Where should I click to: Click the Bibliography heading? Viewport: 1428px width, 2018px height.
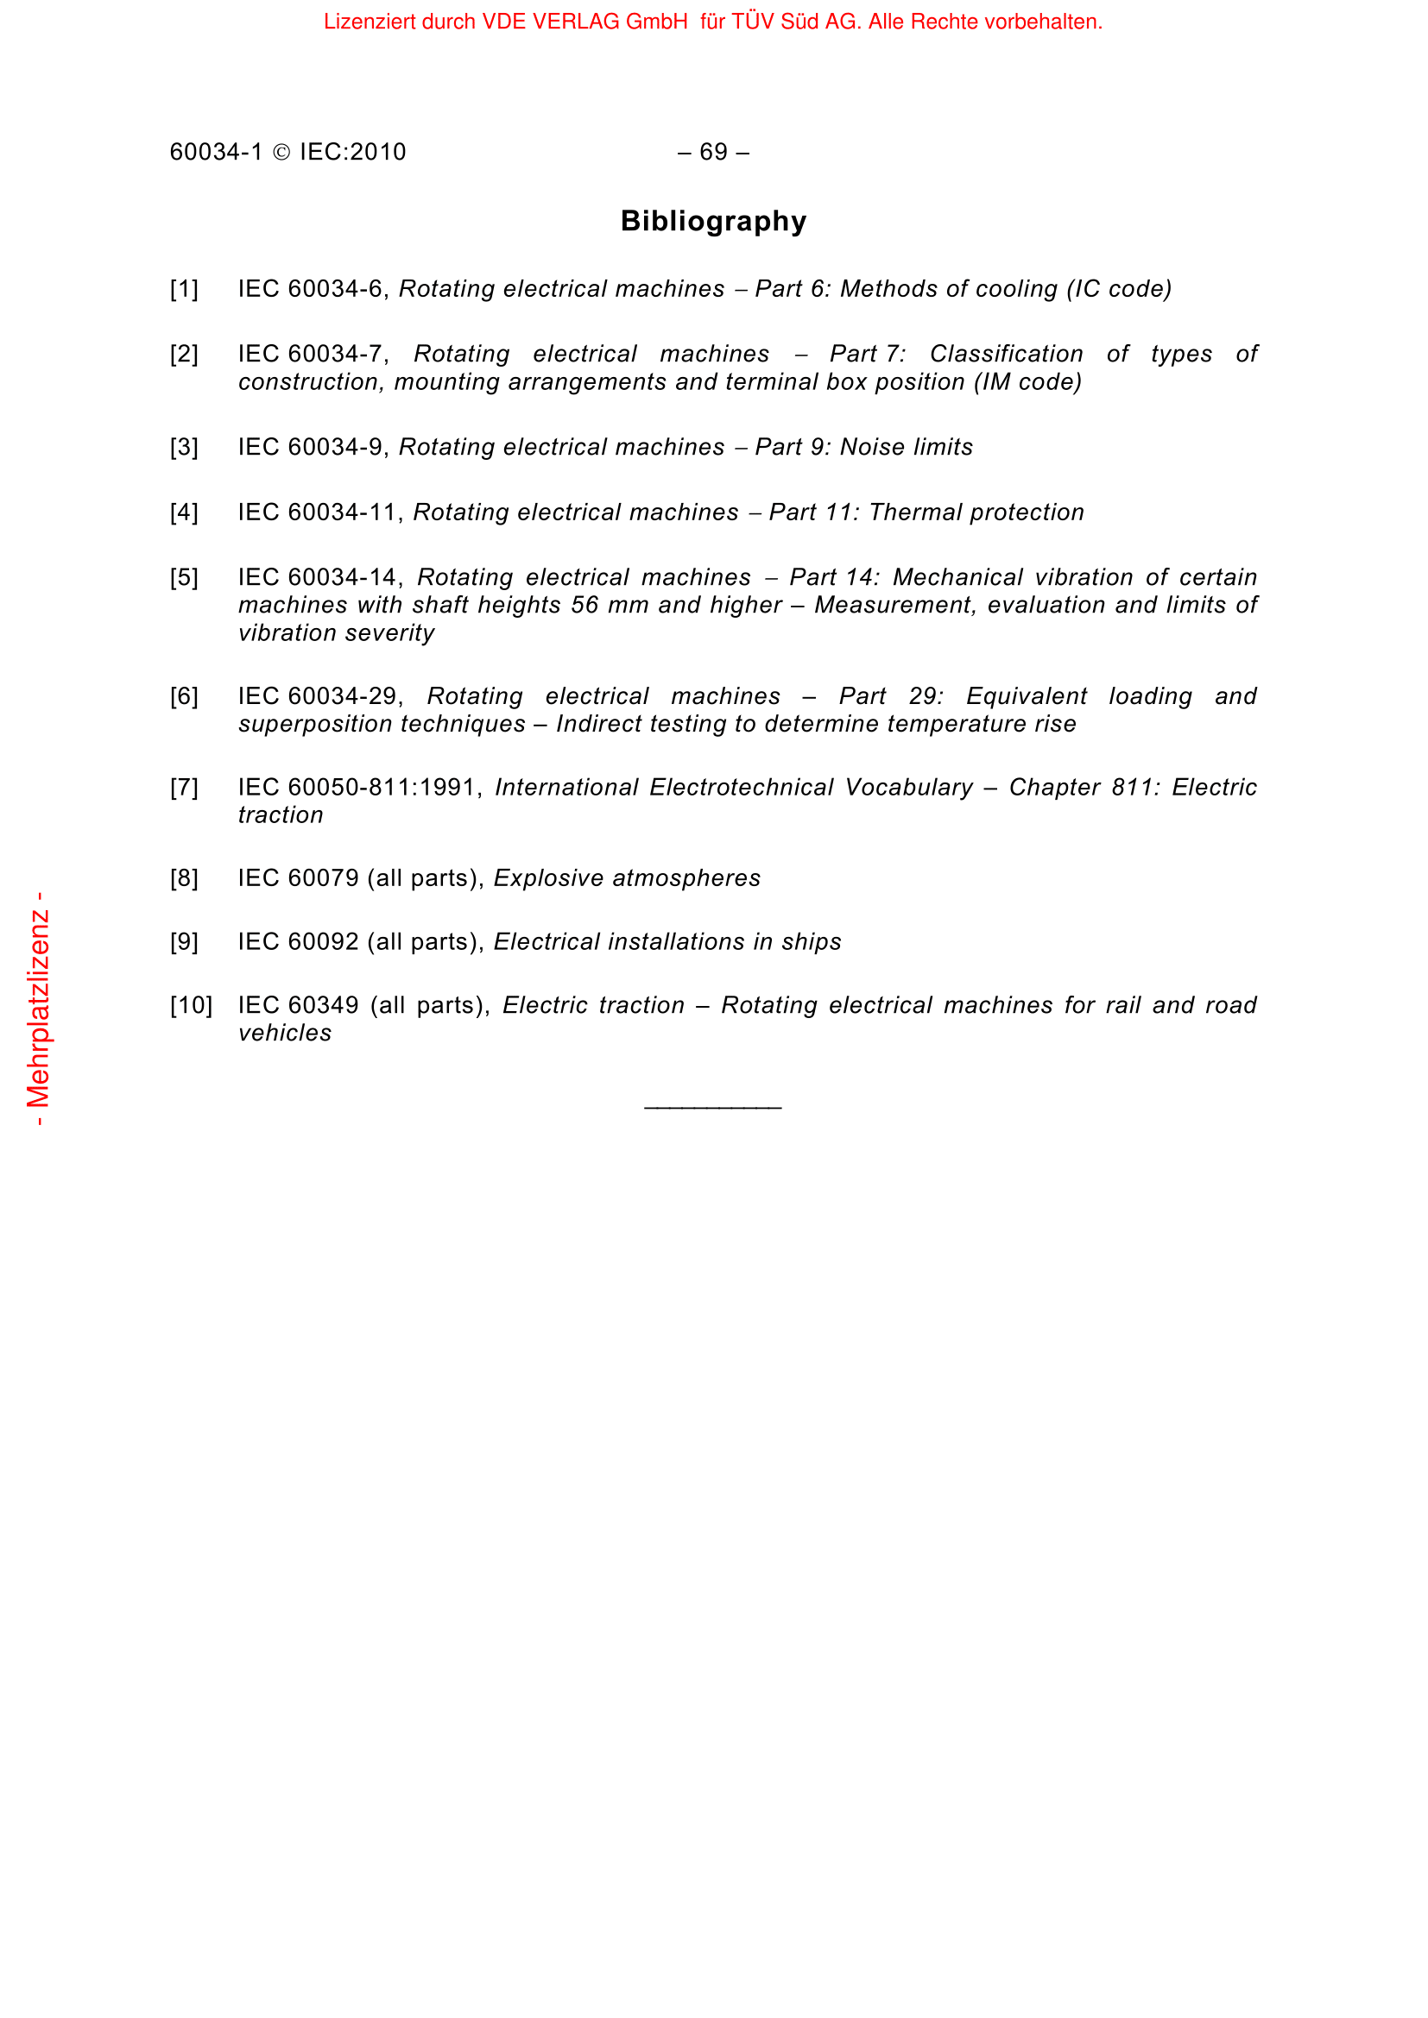click(713, 221)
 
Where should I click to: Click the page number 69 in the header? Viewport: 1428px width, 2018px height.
click(713, 152)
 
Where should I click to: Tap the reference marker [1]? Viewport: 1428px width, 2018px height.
click(184, 289)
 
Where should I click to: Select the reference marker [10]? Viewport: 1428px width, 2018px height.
click(191, 1005)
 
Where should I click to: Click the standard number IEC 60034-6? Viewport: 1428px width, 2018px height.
click(313, 289)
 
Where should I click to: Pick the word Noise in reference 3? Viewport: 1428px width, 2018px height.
click(870, 448)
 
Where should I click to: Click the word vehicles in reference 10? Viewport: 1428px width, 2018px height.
click(285, 1033)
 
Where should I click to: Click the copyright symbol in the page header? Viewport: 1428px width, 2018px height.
click(281, 153)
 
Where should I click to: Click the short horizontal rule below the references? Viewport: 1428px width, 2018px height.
click(712, 1108)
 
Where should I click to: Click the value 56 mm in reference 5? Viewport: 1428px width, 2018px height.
click(606, 606)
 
